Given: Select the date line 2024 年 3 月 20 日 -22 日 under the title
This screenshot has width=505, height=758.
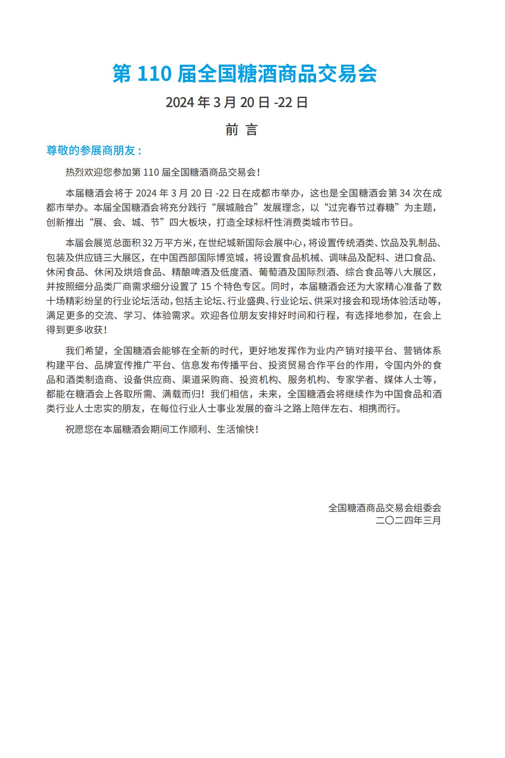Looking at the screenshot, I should coord(236,102).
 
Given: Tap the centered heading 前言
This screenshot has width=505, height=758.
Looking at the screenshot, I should coord(241,130).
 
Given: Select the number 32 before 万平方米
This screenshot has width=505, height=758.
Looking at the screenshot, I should coord(148,243).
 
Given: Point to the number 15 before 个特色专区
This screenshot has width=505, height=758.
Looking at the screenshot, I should coord(206,287).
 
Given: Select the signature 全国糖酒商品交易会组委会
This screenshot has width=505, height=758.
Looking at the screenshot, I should coord(385,508).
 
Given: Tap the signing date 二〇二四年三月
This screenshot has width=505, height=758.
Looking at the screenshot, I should coord(408,521).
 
